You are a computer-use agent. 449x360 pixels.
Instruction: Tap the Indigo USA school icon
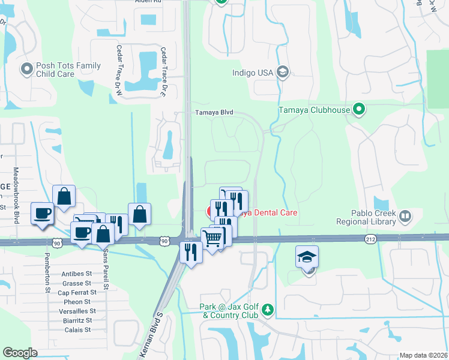click(283, 73)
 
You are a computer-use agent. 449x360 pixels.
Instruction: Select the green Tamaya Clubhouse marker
click(359, 110)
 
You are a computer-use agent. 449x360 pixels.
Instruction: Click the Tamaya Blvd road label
click(212, 112)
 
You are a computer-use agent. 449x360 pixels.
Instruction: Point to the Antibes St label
click(76, 274)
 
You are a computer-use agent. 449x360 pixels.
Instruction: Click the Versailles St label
click(77, 311)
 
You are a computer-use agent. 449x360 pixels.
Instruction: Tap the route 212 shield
click(371, 239)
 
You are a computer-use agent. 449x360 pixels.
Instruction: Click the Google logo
click(20, 353)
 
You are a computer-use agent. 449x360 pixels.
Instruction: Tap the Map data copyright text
click(423, 355)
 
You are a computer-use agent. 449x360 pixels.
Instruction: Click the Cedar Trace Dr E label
click(162, 64)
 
